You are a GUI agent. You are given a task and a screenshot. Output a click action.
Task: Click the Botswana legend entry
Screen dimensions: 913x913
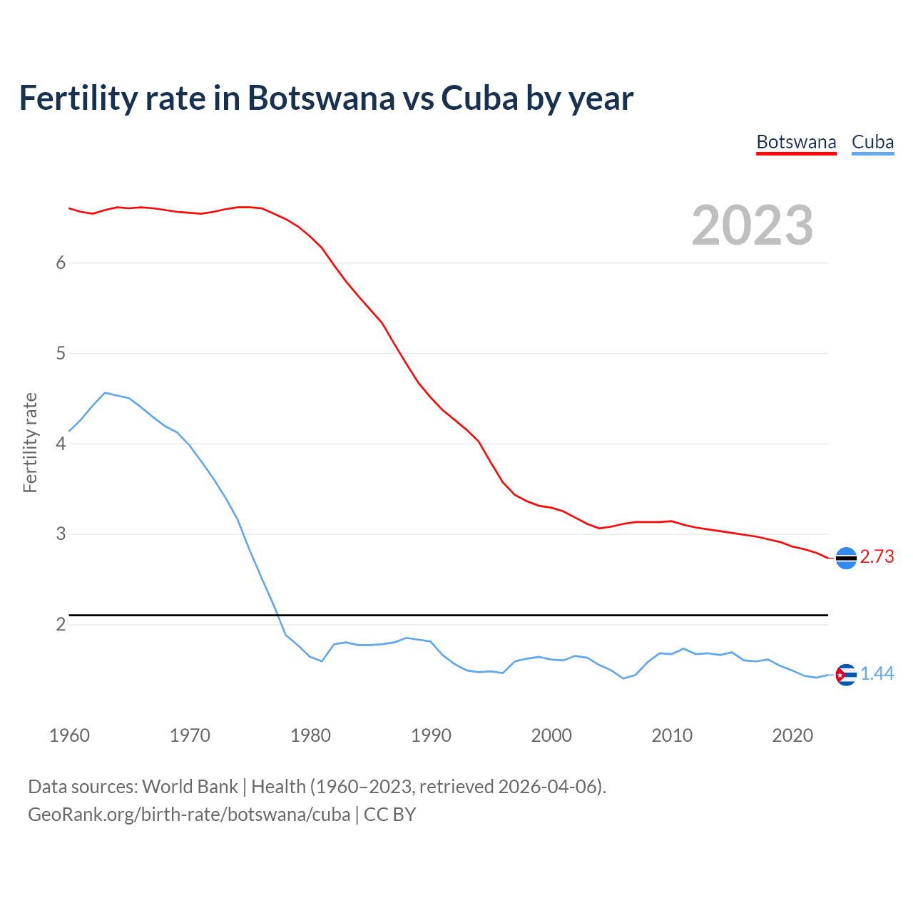click(x=796, y=142)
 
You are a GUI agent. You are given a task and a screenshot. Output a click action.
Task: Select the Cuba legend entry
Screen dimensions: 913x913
click(x=872, y=142)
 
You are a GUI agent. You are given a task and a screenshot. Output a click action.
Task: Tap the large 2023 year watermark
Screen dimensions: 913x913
click(x=753, y=225)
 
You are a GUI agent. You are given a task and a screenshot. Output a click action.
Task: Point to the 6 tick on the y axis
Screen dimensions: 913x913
click(x=61, y=262)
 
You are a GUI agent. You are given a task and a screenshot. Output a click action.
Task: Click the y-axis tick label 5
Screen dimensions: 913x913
click(x=61, y=353)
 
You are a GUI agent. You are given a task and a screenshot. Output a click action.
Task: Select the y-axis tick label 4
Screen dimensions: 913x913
click(x=61, y=444)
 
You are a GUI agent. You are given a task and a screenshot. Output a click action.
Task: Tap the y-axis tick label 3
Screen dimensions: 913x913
click(x=61, y=534)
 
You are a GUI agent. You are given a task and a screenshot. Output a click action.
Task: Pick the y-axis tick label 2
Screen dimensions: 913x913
click(x=61, y=624)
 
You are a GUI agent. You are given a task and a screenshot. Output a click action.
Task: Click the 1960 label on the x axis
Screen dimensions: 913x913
click(x=69, y=735)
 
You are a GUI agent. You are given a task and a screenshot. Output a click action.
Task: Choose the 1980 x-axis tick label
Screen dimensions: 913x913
click(x=310, y=735)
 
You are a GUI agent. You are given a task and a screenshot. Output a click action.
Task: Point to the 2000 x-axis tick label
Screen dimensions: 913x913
click(x=551, y=735)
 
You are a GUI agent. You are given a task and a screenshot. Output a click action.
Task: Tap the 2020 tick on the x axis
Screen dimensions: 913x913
click(x=792, y=735)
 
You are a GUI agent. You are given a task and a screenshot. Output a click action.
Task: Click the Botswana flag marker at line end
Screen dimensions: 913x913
click(x=846, y=558)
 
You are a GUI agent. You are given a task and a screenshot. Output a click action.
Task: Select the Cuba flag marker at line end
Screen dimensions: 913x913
click(x=846, y=674)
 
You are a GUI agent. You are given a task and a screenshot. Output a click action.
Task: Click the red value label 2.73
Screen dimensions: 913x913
click(x=877, y=557)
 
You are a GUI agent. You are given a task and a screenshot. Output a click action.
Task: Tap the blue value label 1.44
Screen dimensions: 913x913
click(x=877, y=674)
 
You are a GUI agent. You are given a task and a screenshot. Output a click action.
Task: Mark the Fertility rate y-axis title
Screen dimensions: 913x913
click(x=30, y=442)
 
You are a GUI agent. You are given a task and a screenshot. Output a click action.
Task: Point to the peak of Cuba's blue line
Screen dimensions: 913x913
click(x=105, y=392)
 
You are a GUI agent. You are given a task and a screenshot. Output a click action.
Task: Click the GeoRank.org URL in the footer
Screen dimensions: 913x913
click(x=189, y=815)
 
